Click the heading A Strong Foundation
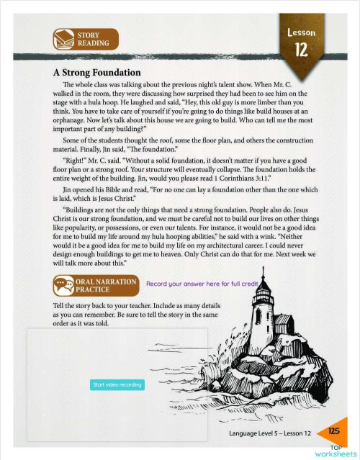pyautogui.click(x=96, y=73)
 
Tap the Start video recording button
pyautogui.click(x=117, y=385)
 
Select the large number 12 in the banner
pyautogui.click(x=302, y=50)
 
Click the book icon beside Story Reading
pyautogui.click(x=64, y=38)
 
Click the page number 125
pyautogui.click(x=333, y=431)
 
